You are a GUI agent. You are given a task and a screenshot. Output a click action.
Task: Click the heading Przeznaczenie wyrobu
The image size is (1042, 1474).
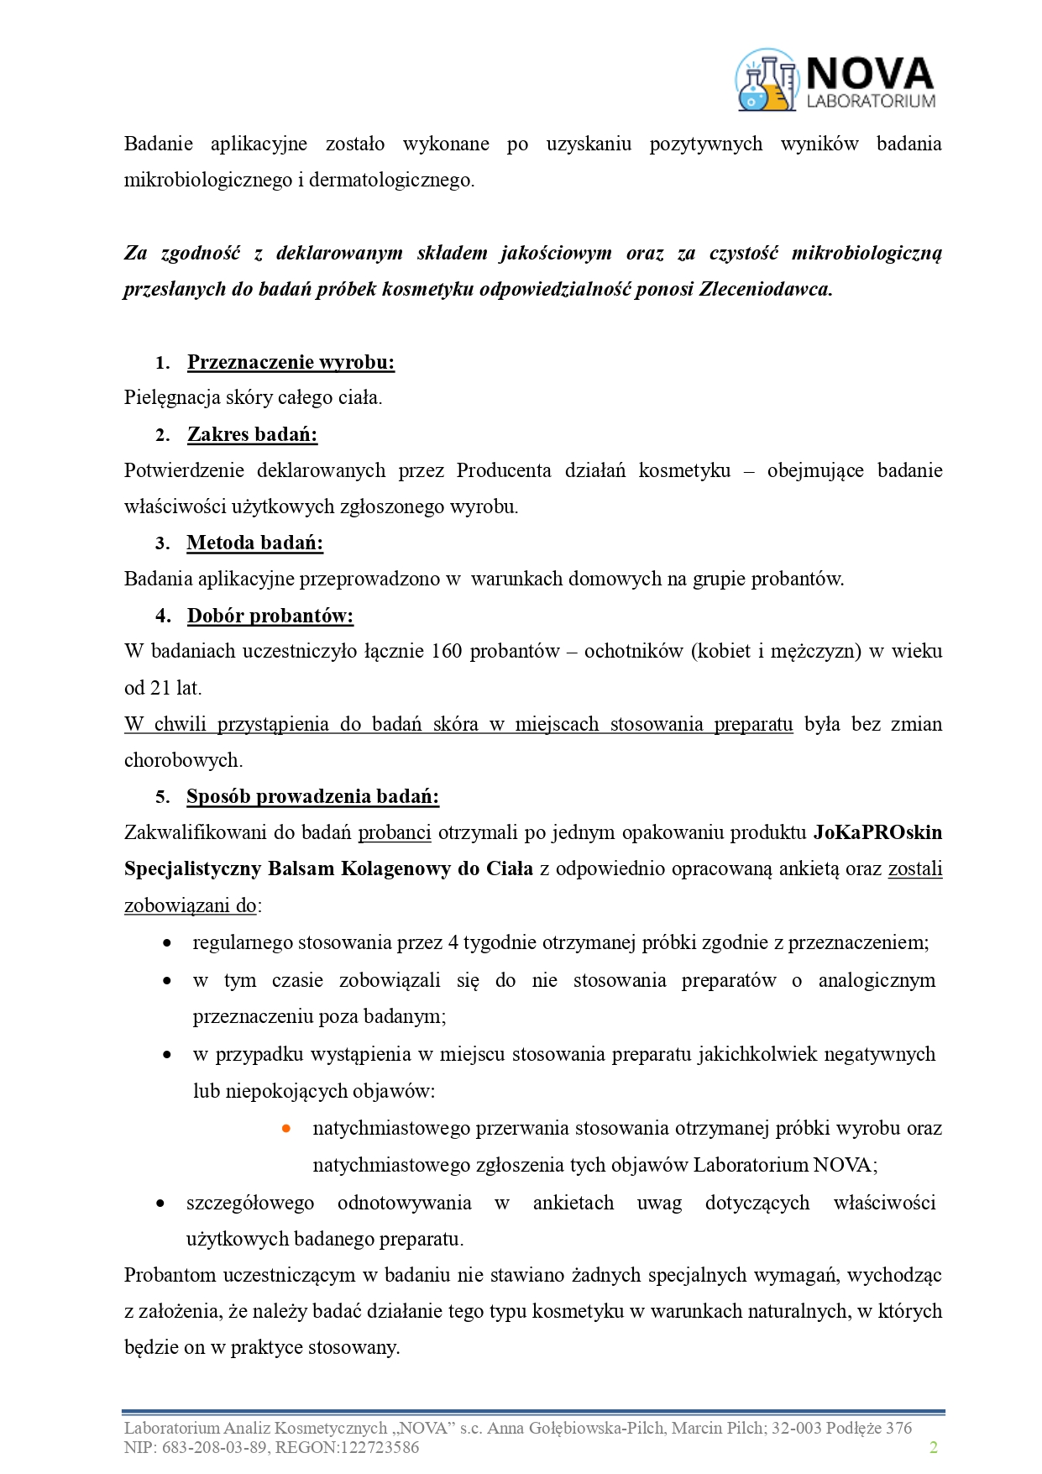tap(291, 362)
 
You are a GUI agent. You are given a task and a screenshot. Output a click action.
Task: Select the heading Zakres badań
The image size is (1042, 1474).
tap(252, 434)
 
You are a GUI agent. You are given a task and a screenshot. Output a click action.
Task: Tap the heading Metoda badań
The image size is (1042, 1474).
tap(254, 543)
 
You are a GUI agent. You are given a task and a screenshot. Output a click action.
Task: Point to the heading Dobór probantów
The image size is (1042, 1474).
tap(270, 616)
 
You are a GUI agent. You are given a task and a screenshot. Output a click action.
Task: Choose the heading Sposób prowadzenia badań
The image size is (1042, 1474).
tap(312, 796)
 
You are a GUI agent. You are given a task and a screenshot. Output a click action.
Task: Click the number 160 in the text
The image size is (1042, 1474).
tap(447, 652)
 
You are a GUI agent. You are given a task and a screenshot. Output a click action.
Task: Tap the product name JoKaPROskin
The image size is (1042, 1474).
tap(877, 832)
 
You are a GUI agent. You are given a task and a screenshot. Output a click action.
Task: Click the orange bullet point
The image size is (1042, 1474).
tap(286, 1128)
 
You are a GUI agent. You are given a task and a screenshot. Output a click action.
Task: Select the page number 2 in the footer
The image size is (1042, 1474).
tap(933, 1446)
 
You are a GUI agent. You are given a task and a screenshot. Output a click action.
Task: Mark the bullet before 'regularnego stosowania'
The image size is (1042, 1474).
tap(167, 943)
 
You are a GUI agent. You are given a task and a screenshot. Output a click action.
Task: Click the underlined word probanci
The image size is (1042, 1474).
tap(395, 832)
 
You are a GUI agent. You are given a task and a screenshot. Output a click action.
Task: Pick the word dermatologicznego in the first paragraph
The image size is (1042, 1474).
tap(391, 180)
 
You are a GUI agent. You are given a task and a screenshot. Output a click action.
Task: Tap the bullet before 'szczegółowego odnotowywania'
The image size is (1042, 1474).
tap(160, 1204)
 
